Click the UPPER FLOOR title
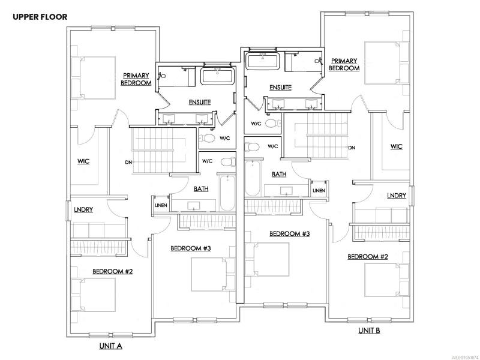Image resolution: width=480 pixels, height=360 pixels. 40,17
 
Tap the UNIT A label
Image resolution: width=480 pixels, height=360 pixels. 111,346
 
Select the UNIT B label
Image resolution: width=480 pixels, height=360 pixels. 369,331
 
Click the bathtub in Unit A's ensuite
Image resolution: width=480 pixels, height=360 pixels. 218,76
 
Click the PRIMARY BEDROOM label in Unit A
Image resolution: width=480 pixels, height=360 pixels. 136,79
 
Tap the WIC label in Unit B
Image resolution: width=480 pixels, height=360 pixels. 397,146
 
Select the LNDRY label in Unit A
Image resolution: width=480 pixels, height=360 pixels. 83,209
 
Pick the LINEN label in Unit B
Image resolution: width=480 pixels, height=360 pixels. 319,190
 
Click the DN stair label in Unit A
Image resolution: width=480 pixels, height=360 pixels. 128,162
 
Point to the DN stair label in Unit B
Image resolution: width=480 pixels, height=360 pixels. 352,148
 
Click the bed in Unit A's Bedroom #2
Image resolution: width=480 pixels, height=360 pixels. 94,295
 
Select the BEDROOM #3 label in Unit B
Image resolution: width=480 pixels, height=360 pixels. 289,234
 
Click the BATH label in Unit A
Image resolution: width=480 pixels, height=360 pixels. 201,189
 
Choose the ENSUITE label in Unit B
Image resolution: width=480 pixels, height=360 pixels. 280,88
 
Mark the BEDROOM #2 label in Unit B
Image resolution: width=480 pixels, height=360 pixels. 367,257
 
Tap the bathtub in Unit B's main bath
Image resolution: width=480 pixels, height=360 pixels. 253,178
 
